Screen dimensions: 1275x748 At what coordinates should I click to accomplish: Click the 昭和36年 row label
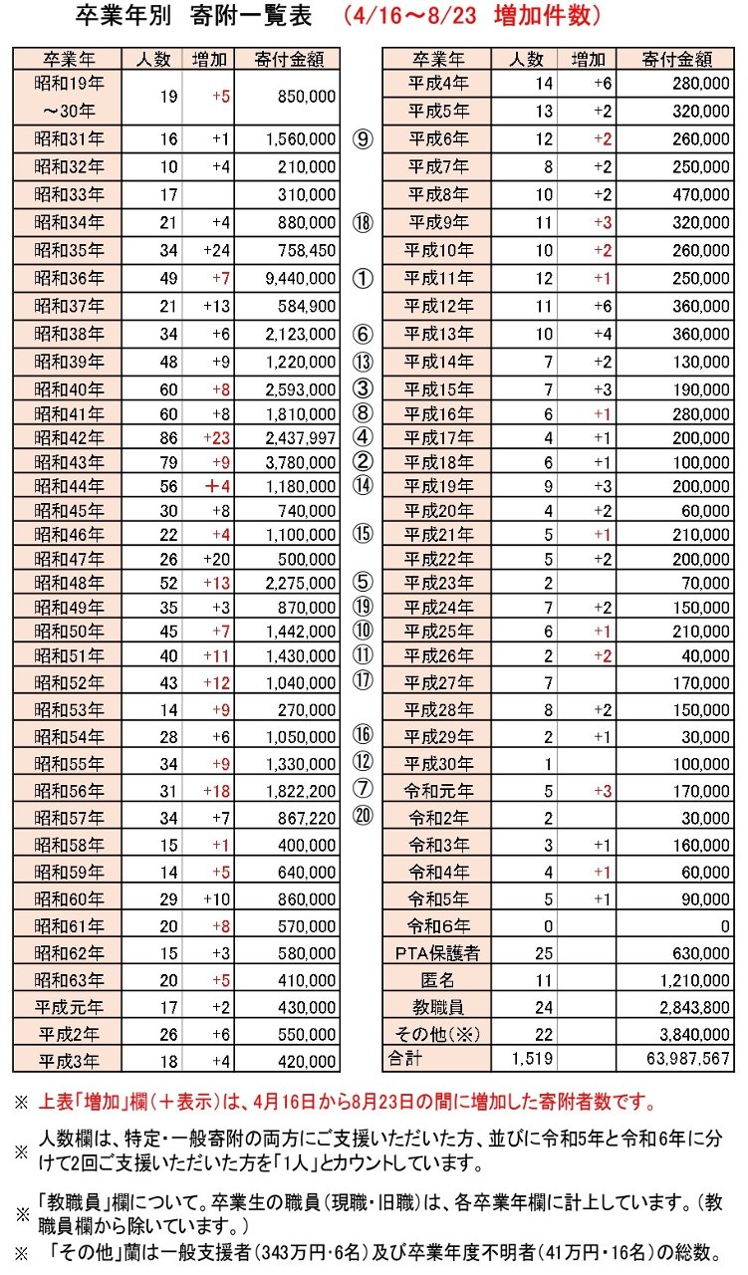67,278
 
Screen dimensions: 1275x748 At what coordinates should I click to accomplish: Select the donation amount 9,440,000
300,278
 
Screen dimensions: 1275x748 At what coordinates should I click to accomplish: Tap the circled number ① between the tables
363,278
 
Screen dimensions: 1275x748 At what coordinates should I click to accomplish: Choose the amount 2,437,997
299,435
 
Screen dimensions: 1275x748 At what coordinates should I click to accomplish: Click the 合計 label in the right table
402,1057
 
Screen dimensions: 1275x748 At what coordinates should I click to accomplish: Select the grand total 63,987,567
686,1057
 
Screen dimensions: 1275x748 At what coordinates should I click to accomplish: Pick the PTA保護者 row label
437,953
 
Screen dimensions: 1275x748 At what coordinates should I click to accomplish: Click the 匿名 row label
437,979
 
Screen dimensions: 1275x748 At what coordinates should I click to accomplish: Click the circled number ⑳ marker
363,815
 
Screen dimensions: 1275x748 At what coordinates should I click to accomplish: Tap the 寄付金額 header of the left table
289,59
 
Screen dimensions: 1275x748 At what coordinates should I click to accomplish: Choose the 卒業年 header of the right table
437,59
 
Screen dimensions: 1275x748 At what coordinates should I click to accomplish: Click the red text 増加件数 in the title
548,17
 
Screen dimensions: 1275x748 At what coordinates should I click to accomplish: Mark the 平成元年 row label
67,1005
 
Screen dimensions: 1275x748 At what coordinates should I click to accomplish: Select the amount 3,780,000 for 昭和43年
299,461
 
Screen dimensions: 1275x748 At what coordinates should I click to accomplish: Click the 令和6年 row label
437,926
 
